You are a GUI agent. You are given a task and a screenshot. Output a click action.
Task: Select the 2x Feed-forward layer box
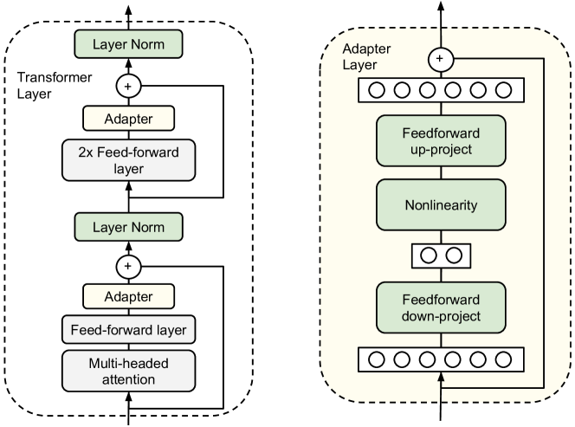pos(128,160)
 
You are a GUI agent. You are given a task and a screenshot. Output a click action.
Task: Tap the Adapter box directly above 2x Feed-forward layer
pos(128,119)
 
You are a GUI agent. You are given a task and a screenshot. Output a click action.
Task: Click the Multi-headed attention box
pos(128,371)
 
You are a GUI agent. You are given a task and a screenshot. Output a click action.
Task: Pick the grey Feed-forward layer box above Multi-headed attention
pos(128,330)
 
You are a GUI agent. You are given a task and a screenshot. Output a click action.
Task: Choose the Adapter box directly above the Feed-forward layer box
pos(128,297)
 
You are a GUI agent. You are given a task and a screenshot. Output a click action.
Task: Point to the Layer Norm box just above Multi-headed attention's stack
pos(128,228)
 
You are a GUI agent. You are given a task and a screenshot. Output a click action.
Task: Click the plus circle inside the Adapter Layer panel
pos(442,59)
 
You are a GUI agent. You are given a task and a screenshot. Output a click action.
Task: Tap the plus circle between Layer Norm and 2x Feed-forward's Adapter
pos(128,86)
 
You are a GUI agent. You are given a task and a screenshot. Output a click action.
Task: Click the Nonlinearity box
pos(441,206)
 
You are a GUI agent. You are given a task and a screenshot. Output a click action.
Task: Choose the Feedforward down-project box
pos(441,307)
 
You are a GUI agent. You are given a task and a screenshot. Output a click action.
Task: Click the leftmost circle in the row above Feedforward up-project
pos(375,89)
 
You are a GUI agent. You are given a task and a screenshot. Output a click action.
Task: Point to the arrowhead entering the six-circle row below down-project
pos(442,377)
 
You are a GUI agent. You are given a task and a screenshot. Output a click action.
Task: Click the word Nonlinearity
pos(441,206)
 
